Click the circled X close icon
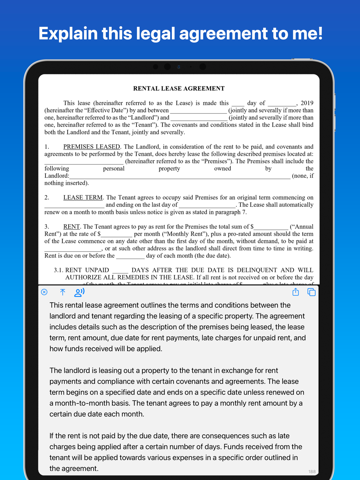tap(44, 292)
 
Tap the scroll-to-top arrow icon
tap(63, 292)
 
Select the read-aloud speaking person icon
tap(79, 292)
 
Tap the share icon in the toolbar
tap(296, 292)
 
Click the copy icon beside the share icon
tap(311, 292)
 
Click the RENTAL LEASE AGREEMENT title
tap(179, 89)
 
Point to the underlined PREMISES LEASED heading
tap(92, 147)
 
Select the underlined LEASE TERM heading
tap(83, 198)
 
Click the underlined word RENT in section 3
tap(71, 227)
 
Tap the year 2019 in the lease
tap(307, 103)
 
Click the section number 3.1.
tap(58, 270)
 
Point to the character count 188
tap(312, 472)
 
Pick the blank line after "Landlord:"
tap(180, 176)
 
